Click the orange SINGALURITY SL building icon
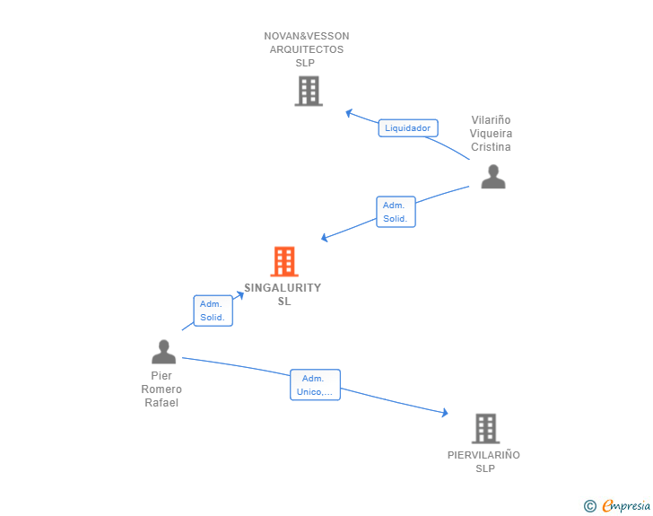(x=284, y=261)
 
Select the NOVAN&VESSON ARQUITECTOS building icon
(x=308, y=91)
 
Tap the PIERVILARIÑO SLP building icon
(x=485, y=428)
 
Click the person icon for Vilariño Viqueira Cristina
(x=493, y=177)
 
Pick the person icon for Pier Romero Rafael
(x=163, y=351)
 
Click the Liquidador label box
(x=407, y=128)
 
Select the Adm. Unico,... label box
(x=315, y=385)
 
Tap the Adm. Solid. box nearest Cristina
(x=396, y=212)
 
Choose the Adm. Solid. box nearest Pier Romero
(x=213, y=310)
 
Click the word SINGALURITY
(x=283, y=288)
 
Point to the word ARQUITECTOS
(x=307, y=49)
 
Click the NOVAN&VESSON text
(x=307, y=36)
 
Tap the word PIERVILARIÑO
(x=483, y=455)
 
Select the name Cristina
(x=492, y=147)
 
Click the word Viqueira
(x=492, y=134)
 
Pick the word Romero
(x=161, y=389)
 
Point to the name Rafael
(x=161, y=403)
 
